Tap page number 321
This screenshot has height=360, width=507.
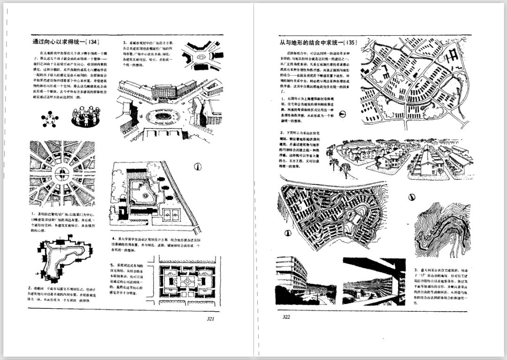point(210,318)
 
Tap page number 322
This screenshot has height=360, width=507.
point(286,317)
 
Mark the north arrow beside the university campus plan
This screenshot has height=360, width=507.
point(198,167)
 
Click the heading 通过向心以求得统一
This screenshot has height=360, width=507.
point(59,42)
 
